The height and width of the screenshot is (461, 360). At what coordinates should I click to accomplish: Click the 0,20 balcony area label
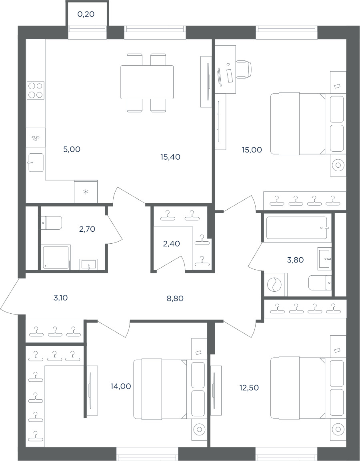pyautogui.click(x=86, y=14)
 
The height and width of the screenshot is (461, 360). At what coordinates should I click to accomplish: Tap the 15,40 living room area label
pyautogui.click(x=170, y=157)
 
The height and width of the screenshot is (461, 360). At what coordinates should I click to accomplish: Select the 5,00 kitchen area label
pyautogui.click(x=72, y=149)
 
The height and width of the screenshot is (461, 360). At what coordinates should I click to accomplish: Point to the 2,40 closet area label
pyautogui.click(x=171, y=244)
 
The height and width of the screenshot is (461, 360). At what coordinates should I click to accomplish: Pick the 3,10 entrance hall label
pyautogui.click(x=61, y=298)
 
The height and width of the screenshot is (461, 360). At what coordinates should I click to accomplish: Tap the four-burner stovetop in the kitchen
pyautogui.click(x=36, y=90)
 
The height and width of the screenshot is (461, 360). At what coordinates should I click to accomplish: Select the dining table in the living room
pyautogui.click(x=147, y=82)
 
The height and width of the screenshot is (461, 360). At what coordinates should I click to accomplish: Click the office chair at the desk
pyautogui.click(x=245, y=69)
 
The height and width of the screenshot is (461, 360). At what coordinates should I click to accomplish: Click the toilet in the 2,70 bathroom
pyautogui.click(x=52, y=223)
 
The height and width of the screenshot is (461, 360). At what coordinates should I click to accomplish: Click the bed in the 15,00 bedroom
pyautogui.click(x=298, y=124)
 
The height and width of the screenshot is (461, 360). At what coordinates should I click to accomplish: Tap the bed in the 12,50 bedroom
pyautogui.click(x=298, y=389)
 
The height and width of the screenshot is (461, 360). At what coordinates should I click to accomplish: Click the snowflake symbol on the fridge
pyautogui.click(x=86, y=192)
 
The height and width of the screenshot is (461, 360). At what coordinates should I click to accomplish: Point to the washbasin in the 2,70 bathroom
pyautogui.click(x=89, y=264)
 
